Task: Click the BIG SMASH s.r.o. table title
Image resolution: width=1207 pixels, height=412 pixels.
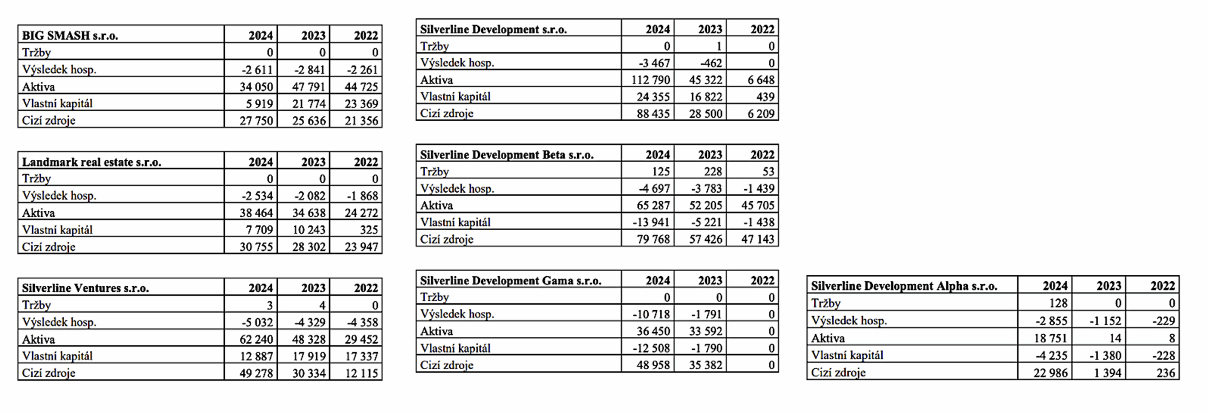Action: click(70, 35)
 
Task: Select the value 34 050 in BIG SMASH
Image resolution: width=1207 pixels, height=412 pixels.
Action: click(256, 87)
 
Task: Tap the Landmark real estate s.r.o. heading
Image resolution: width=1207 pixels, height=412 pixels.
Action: click(91, 162)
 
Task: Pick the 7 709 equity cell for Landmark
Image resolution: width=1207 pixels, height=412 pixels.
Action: click(259, 230)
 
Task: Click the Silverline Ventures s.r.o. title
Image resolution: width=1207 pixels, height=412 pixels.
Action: click(85, 288)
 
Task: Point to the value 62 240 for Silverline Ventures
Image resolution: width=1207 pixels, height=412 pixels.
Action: click(256, 339)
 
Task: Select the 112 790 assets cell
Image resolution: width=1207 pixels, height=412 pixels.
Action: click(651, 80)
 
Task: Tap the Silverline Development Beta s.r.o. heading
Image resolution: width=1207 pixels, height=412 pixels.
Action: click(507, 155)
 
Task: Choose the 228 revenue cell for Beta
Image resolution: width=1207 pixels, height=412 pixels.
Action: click(713, 172)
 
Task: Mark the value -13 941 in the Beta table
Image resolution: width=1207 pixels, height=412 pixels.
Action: click(651, 222)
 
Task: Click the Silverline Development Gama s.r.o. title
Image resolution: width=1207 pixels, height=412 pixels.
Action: click(511, 280)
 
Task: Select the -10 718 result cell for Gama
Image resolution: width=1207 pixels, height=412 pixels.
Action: click(651, 314)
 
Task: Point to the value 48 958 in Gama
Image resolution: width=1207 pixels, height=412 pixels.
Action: click(653, 365)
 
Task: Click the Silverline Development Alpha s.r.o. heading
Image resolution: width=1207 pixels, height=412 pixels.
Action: click(904, 286)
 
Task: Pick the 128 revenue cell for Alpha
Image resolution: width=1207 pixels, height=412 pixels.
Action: click(1058, 303)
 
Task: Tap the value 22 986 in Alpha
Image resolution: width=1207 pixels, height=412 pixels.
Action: click(1051, 373)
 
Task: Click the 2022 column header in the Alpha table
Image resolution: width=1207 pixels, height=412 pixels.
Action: click(1163, 286)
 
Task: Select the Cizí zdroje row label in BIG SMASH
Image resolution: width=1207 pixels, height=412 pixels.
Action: click(49, 121)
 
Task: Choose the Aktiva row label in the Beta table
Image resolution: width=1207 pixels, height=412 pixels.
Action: click(437, 206)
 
